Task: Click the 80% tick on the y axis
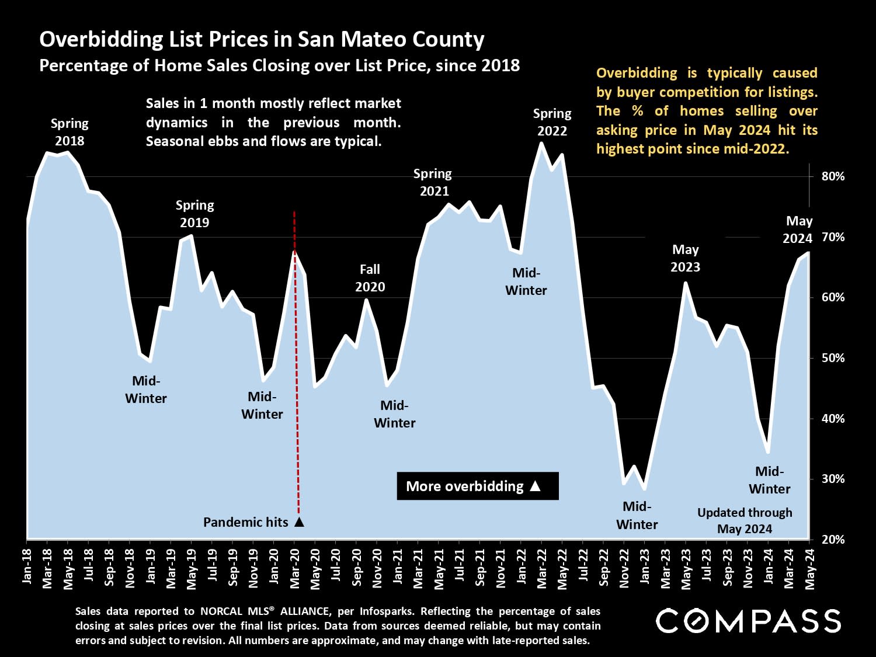click(x=833, y=176)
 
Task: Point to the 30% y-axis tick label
click(x=833, y=479)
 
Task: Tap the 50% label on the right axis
click(x=833, y=358)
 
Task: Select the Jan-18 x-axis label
click(x=27, y=566)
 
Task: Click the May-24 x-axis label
click(x=809, y=566)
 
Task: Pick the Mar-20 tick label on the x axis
click(x=294, y=566)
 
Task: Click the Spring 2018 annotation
click(x=69, y=132)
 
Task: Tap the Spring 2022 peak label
click(x=552, y=122)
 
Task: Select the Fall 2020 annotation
click(x=370, y=278)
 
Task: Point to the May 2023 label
click(x=685, y=258)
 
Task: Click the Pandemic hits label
click(x=246, y=522)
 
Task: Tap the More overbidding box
click(x=477, y=486)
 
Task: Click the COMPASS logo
click(x=748, y=621)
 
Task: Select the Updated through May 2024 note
click(x=745, y=520)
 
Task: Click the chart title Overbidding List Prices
click(x=262, y=40)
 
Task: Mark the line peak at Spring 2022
click(x=541, y=143)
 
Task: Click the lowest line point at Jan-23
click(x=644, y=488)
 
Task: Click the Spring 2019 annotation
click(x=194, y=214)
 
